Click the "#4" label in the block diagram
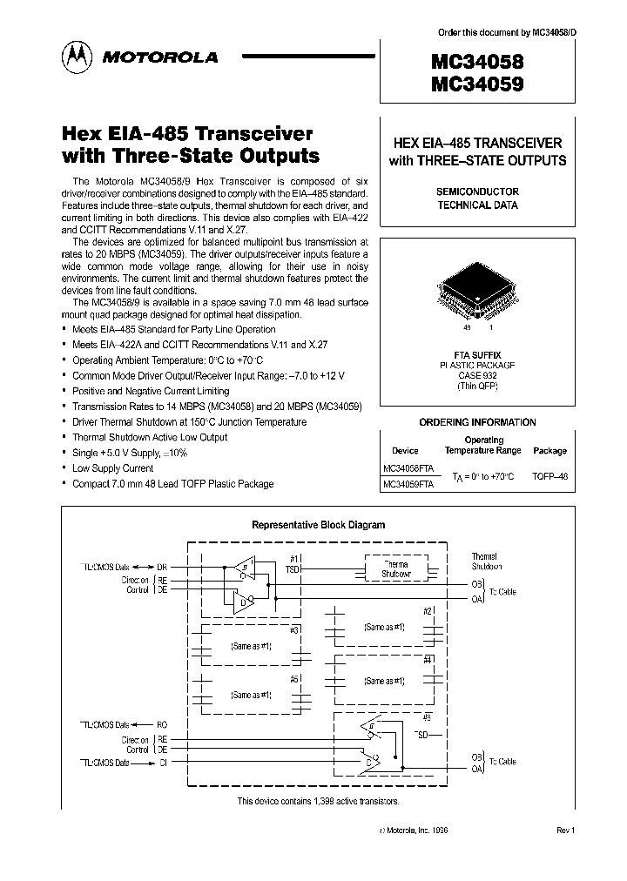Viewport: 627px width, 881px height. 428,659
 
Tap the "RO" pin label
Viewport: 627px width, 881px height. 162,724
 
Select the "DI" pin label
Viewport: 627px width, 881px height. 162,763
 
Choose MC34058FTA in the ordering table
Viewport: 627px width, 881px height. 408,467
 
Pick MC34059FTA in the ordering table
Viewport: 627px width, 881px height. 408,485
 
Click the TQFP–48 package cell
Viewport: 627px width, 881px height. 549,476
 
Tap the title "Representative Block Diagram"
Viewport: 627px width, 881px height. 318,525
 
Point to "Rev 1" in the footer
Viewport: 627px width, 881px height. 566,831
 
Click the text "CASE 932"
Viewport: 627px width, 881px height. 475,375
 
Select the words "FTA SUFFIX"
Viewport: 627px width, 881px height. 475,355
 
